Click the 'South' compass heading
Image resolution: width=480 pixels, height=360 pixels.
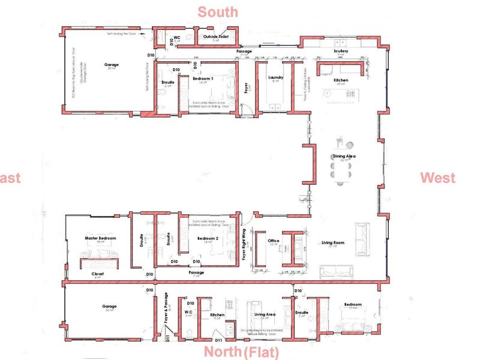[x=218, y=11]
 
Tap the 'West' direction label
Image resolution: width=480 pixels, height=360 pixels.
[x=437, y=178]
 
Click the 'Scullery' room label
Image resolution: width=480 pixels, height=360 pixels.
[x=341, y=52]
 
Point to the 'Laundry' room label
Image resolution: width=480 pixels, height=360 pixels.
[x=275, y=77]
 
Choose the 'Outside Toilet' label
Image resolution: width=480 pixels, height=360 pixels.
[x=215, y=37]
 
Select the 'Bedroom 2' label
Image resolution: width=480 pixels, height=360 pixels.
[x=206, y=238]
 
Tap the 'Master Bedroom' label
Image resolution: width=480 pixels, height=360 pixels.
[x=100, y=238]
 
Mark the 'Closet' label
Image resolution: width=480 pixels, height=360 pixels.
[x=98, y=274]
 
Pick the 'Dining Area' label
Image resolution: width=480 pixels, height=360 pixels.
[x=344, y=156]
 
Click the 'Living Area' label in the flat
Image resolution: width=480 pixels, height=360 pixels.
[x=265, y=314]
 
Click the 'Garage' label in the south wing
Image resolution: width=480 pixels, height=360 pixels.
[x=112, y=65]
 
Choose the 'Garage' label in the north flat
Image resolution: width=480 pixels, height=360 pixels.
[x=109, y=306]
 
